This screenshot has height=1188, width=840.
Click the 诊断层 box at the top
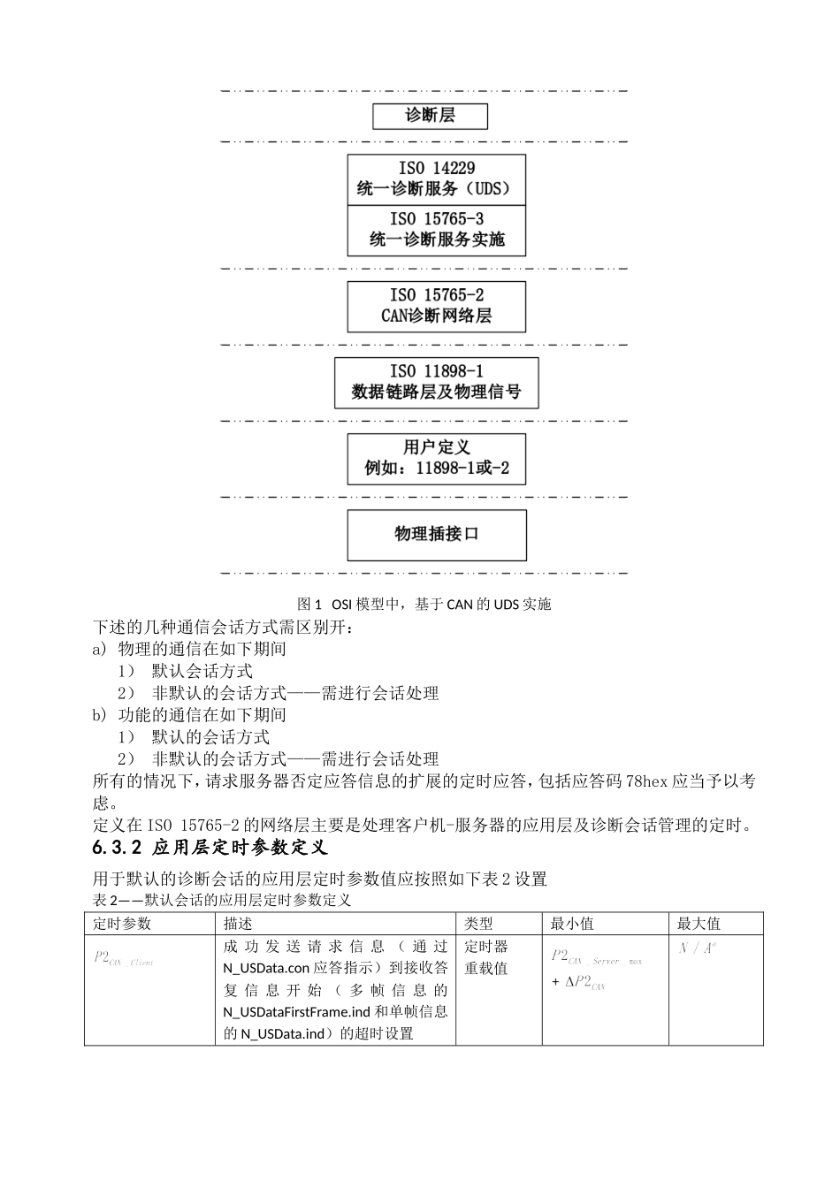[430, 116]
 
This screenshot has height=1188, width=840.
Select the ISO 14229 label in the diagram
[436, 168]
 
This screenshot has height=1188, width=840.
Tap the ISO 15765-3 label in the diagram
[436, 219]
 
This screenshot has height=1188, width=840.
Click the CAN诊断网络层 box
[436, 307]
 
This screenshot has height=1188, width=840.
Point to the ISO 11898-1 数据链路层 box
[436, 383]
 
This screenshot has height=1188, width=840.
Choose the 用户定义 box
[436, 459]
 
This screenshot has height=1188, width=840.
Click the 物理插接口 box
[436, 535]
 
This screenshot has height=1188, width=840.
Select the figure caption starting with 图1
[424, 605]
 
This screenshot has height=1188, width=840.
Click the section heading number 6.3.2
[117, 849]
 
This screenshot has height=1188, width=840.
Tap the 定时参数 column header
[123, 924]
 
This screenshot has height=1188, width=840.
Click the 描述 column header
[239, 924]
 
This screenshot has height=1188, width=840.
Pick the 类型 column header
[479, 924]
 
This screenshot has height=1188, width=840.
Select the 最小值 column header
[572, 924]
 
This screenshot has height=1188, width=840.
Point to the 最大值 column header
[699, 924]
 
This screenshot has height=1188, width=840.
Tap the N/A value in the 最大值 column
[698, 948]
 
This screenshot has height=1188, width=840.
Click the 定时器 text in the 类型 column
[486, 947]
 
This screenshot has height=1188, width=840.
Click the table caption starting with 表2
[221, 901]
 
